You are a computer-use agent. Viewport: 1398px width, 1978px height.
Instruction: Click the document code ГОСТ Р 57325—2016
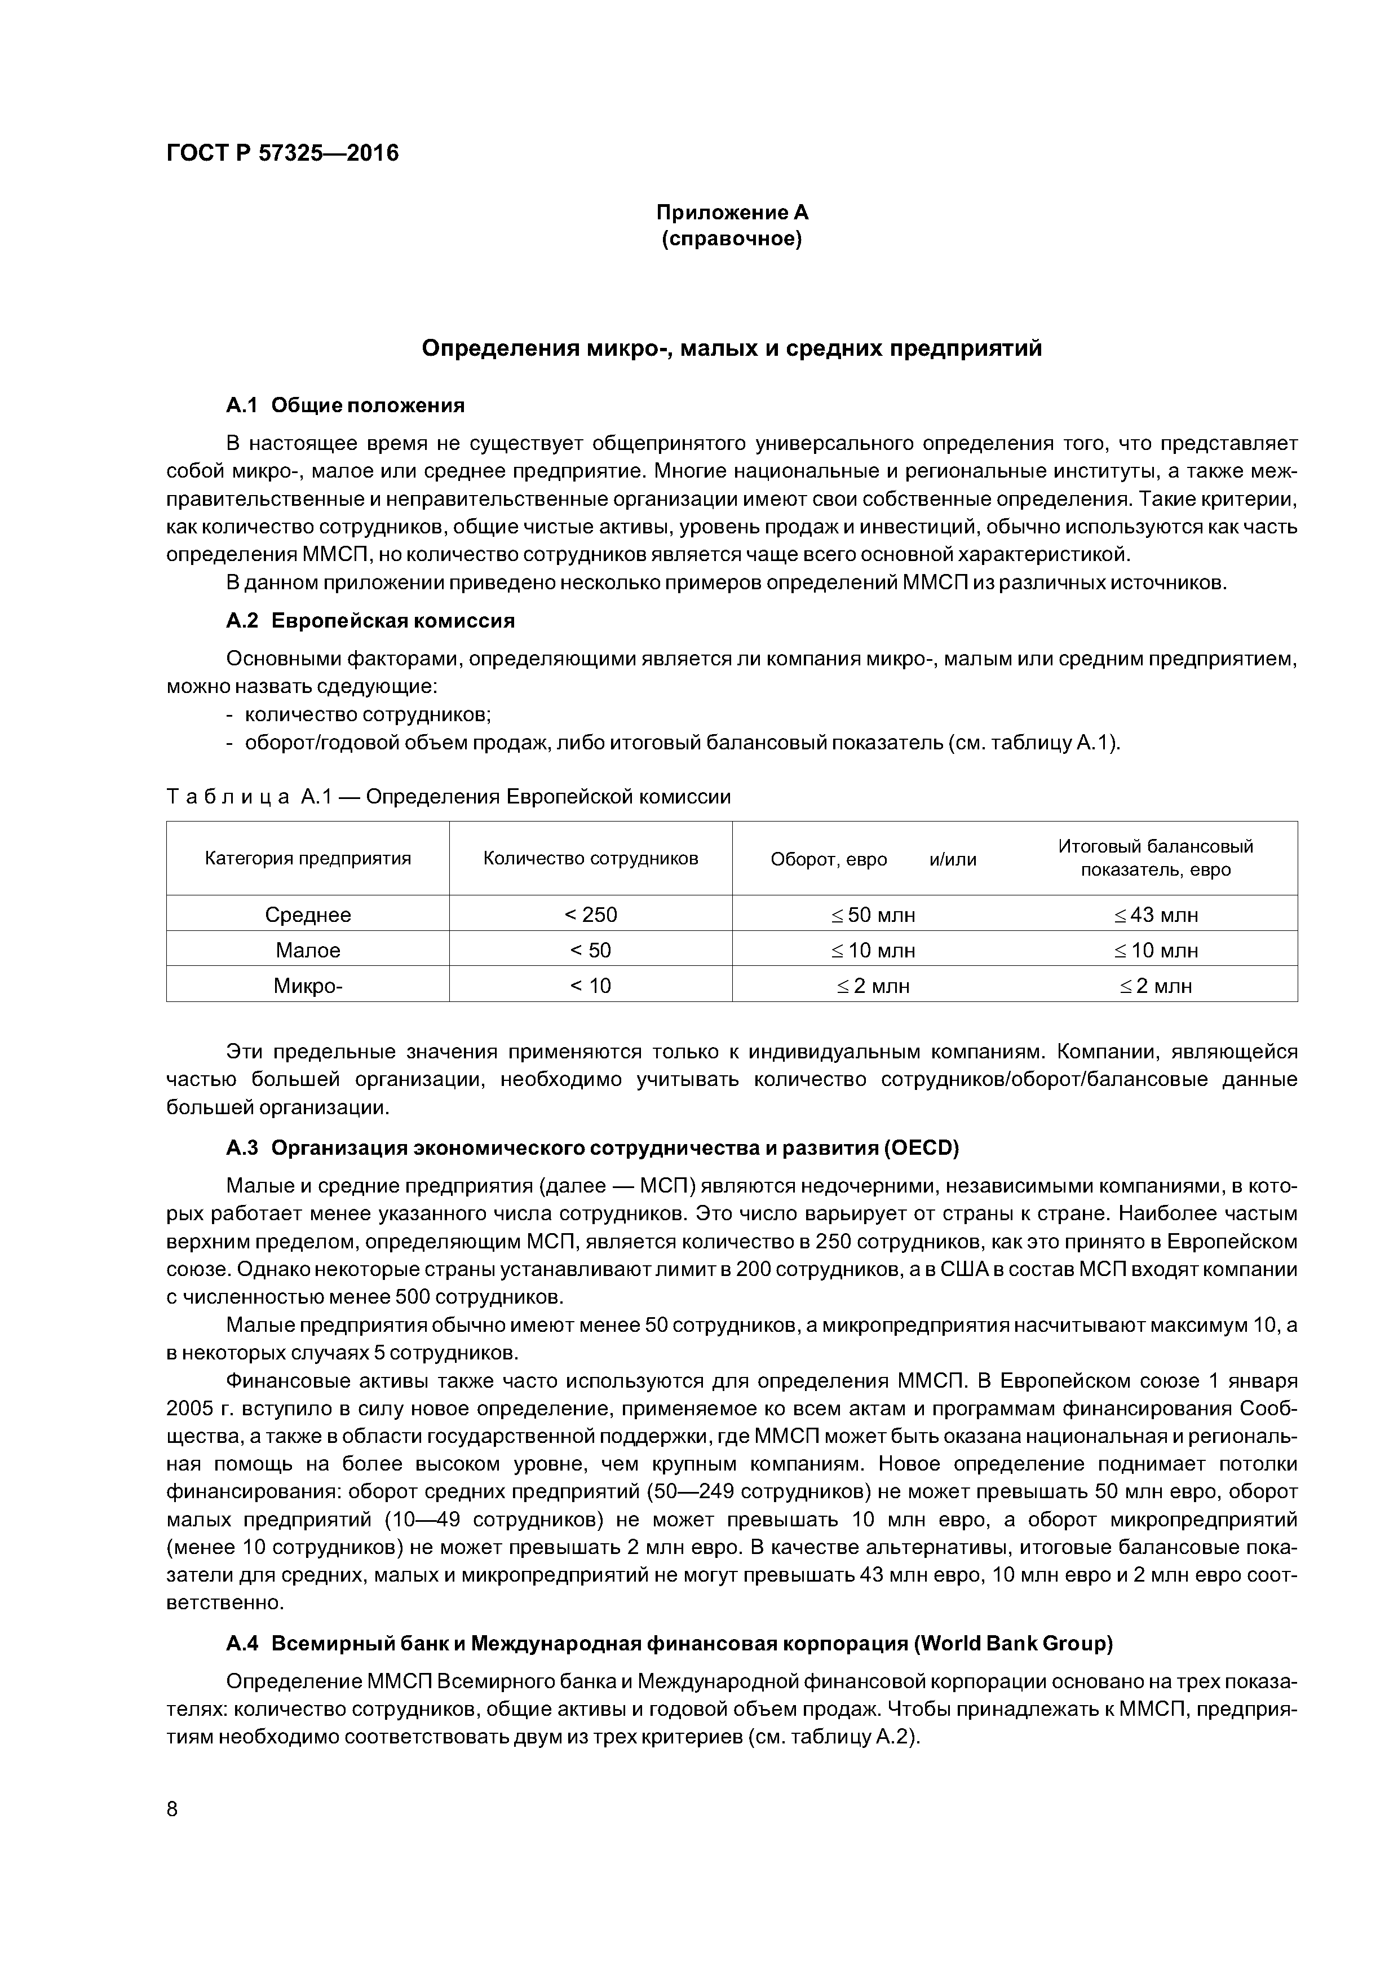click(x=282, y=153)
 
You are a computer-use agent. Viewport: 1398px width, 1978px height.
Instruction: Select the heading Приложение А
click(x=732, y=212)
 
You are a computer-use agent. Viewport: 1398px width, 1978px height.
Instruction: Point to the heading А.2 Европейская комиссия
click(x=370, y=621)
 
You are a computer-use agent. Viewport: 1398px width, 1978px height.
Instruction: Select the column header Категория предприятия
click(x=308, y=858)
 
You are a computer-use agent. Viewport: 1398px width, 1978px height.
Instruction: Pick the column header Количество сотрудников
click(x=590, y=858)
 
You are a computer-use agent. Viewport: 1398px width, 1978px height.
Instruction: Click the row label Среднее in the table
click(x=308, y=915)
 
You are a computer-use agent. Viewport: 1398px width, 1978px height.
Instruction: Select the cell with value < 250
click(x=590, y=915)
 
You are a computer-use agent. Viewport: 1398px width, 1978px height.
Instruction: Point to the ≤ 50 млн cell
click(x=873, y=915)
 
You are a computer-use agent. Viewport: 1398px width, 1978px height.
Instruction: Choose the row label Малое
click(x=308, y=950)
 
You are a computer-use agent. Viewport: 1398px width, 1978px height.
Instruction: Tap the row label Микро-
click(x=308, y=986)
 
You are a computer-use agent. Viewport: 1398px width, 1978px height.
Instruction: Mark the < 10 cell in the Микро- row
click(x=590, y=986)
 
